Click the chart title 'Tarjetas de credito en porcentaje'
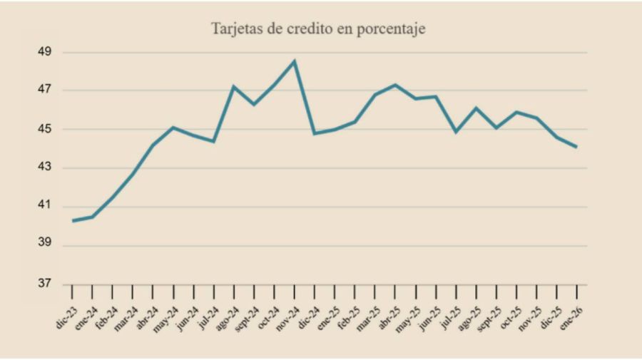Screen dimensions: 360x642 point(318,29)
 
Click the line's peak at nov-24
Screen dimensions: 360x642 point(295,61)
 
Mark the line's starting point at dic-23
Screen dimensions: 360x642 point(73,221)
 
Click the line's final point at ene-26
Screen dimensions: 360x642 point(576,147)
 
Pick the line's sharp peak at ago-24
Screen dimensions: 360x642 point(234,86)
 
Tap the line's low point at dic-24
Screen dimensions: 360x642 point(315,133)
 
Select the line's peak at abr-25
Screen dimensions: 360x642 point(395,85)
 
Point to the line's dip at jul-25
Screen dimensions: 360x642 point(456,132)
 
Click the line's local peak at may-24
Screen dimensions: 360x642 point(173,128)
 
